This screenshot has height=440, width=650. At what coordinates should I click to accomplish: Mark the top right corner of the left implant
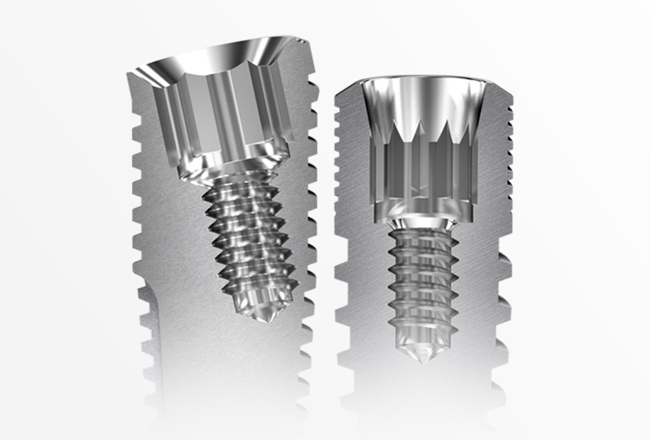pos(304,39)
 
